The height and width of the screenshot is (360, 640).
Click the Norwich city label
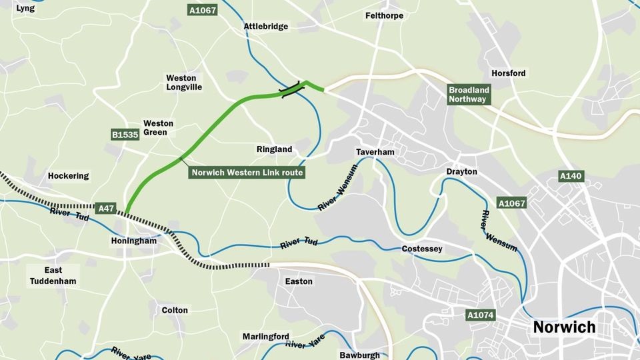point(563,327)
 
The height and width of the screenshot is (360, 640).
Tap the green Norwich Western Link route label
point(247,172)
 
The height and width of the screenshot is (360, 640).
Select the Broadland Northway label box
point(469,94)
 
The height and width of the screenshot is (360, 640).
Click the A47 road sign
point(106,208)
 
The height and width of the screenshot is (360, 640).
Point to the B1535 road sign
point(125,135)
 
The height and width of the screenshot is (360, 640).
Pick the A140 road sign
point(571,176)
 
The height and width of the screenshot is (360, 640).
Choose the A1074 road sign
point(479,315)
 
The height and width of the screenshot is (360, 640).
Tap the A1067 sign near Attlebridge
point(203,10)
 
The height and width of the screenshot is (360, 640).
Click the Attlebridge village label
point(265,27)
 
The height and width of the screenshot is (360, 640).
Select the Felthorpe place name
point(385,15)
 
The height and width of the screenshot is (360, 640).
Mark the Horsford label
point(508,73)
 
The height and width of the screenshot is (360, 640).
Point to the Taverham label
point(375,152)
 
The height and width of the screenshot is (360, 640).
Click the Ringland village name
point(274,149)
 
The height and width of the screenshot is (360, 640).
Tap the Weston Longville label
point(184,83)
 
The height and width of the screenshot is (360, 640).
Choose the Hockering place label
point(68,176)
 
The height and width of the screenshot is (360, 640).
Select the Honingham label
point(134,241)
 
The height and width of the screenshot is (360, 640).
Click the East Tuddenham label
point(53,275)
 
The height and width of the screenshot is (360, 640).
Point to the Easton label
point(298,281)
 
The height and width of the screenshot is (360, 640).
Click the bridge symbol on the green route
point(291,90)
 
